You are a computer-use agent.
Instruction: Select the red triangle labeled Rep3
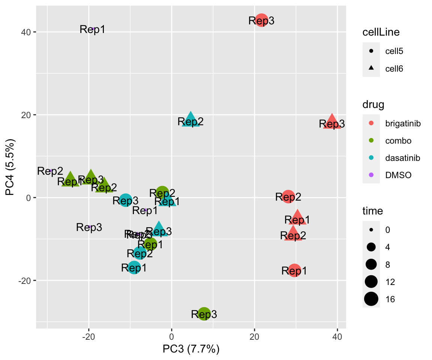click(332, 122)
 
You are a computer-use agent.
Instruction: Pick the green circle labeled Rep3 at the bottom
click(204, 314)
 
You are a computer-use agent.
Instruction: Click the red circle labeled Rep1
click(295, 270)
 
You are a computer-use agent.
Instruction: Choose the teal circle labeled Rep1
click(134, 267)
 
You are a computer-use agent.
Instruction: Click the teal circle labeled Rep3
click(126, 200)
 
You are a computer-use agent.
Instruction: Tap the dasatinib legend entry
click(397, 158)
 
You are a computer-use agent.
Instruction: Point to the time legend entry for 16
click(382, 299)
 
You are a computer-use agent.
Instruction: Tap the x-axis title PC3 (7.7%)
click(190, 349)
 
